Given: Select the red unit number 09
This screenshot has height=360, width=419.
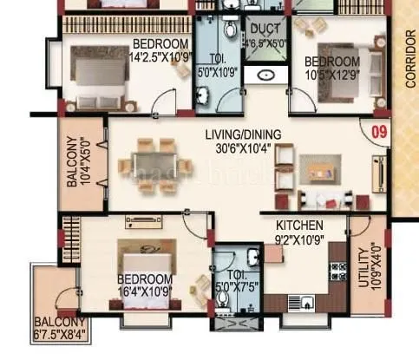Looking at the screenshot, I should (x=378, y=132).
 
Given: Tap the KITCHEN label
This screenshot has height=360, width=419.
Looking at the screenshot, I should (x=298, y=224).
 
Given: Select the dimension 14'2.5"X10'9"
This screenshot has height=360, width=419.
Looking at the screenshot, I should (x=160, y=57).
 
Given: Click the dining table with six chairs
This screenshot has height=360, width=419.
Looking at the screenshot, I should (x=156, y=164).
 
